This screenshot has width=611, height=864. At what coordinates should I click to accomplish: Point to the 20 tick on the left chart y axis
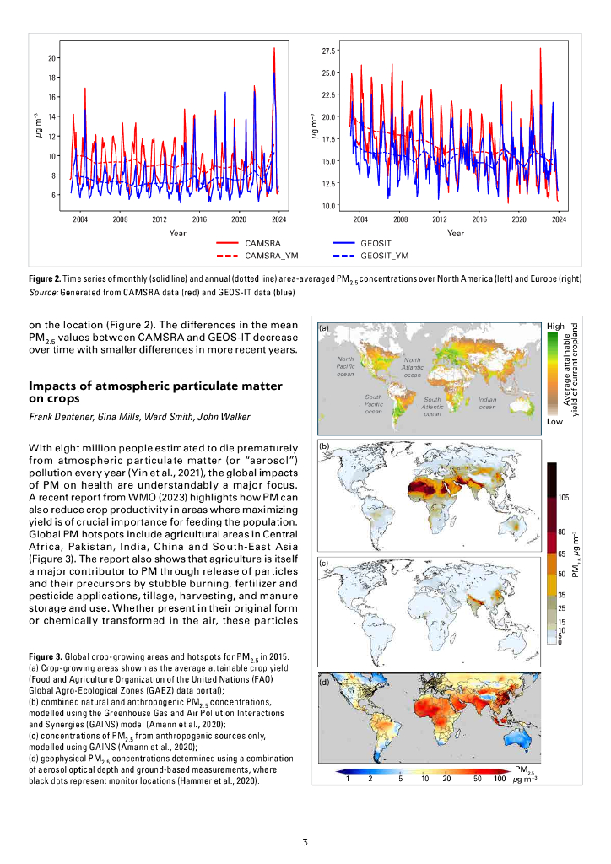pyautogui.click(x=51, y=58)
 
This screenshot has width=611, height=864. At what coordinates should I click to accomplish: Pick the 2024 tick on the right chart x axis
pyautogui.click(x=559, y=219)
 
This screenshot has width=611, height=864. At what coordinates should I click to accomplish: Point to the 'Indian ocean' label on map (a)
pyautogui.click(x=486, y=404)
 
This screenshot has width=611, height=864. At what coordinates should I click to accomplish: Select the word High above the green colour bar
pyautogui.click(x=555, y=326)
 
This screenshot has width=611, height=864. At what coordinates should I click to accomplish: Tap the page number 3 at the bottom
pyautogui.click(x=305, y=841)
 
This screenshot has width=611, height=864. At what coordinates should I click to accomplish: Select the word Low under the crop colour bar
pyautogui.click(x=554, y=420)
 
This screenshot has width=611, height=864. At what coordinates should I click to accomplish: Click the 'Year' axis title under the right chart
pyautogui.click(x=455, y=233)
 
